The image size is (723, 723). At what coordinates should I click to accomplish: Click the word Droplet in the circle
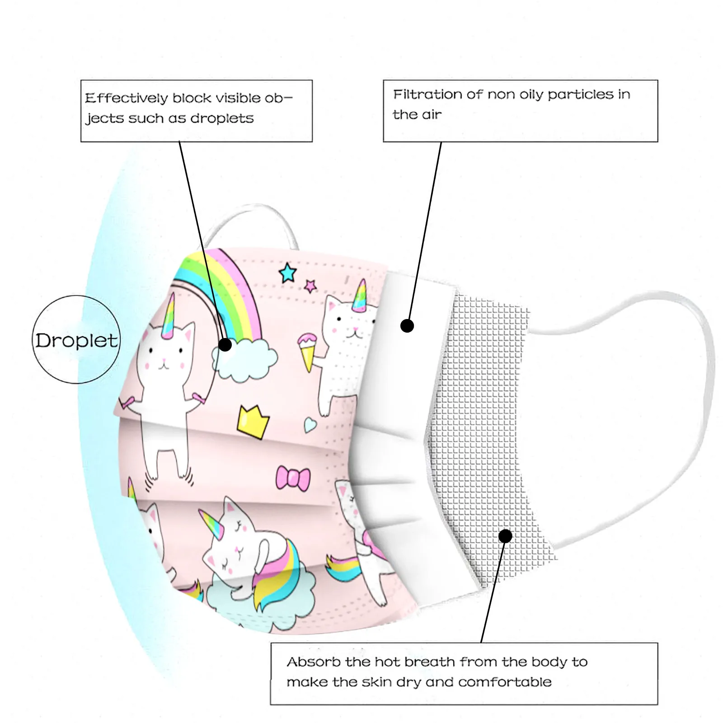tap(76, 340)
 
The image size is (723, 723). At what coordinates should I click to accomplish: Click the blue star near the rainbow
tap(288, 273)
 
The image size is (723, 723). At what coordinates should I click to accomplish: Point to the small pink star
tap(310, 286)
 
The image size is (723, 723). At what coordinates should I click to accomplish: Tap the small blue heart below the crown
tap(310, 424)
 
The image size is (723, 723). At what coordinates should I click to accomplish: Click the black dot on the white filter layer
tap(407, 325)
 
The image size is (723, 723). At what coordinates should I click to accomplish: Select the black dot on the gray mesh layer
tap(505, 536)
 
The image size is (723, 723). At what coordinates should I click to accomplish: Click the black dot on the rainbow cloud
tap(225, 345)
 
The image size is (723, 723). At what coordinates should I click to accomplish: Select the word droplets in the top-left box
tap(221, 118)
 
